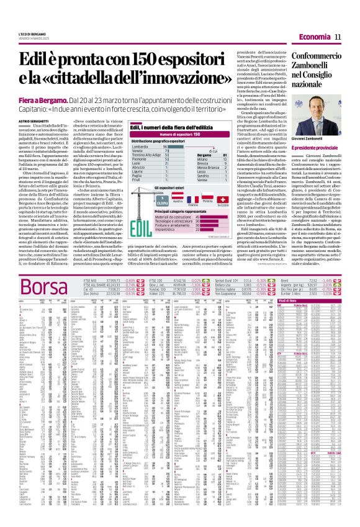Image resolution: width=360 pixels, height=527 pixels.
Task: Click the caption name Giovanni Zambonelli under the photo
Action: (x=320, y=153)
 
